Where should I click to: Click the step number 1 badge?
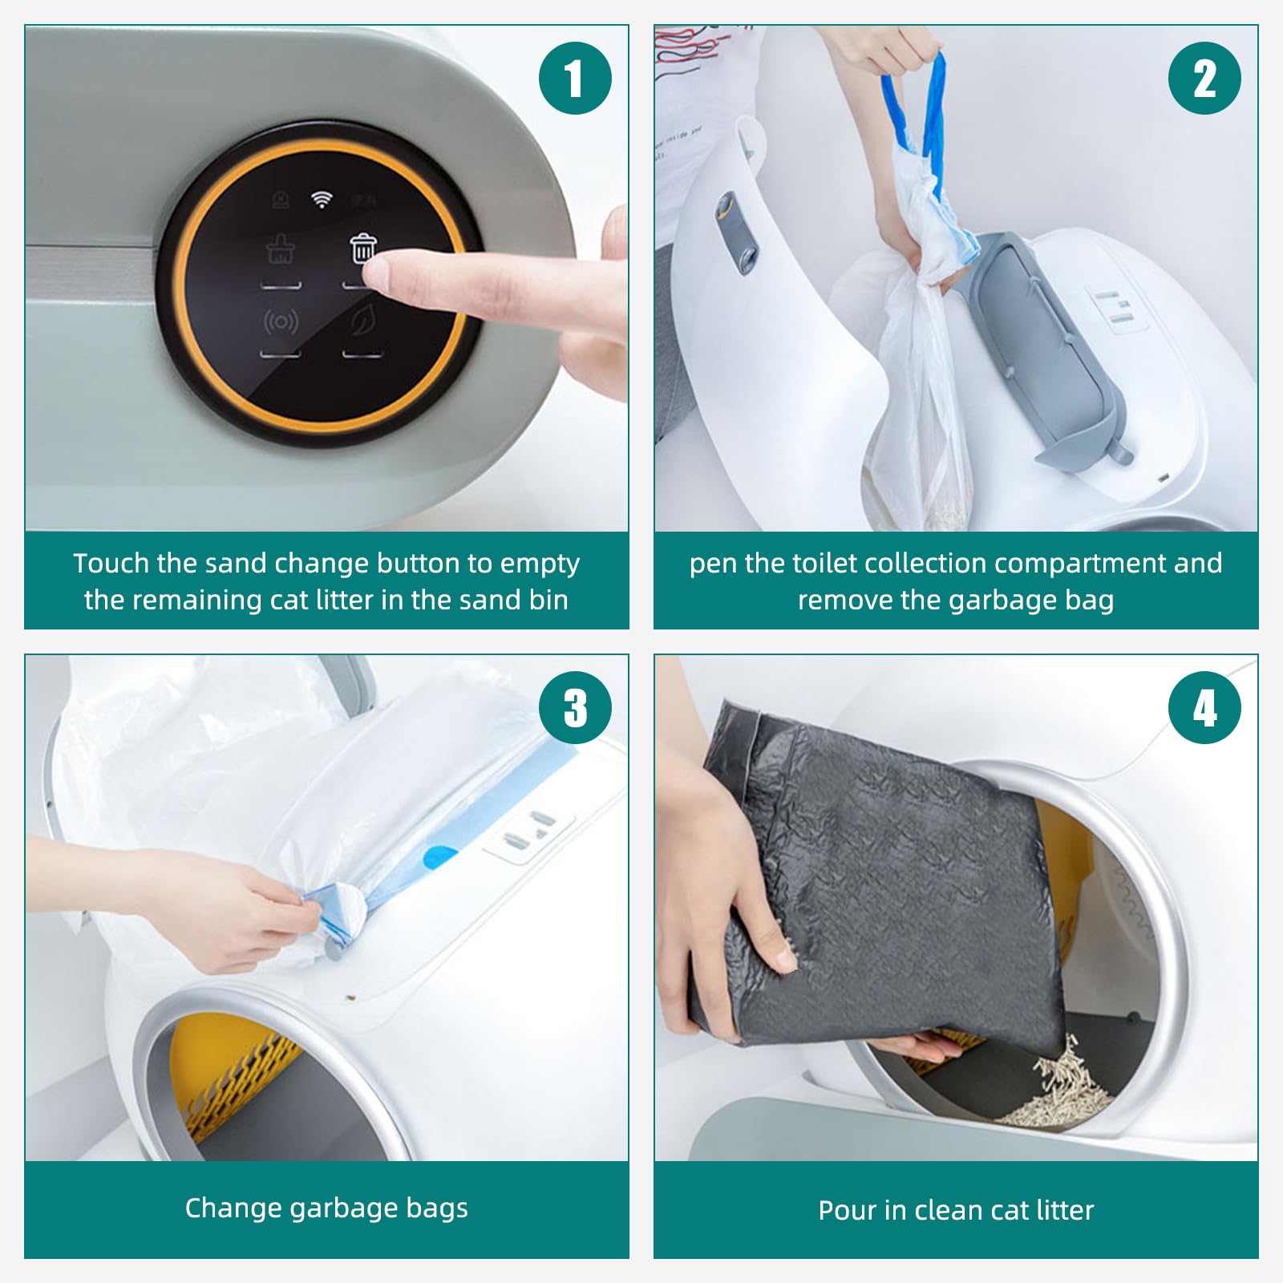575,79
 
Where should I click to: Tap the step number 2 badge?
1204,79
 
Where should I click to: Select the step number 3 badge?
575,708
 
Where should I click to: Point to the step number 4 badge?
1204,708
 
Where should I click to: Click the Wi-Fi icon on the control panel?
322,200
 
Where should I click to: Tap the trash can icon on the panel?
363,248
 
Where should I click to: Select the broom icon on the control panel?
281,249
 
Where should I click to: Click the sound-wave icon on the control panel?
281,322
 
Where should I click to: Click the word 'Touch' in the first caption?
111,563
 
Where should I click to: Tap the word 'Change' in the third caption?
233,1208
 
